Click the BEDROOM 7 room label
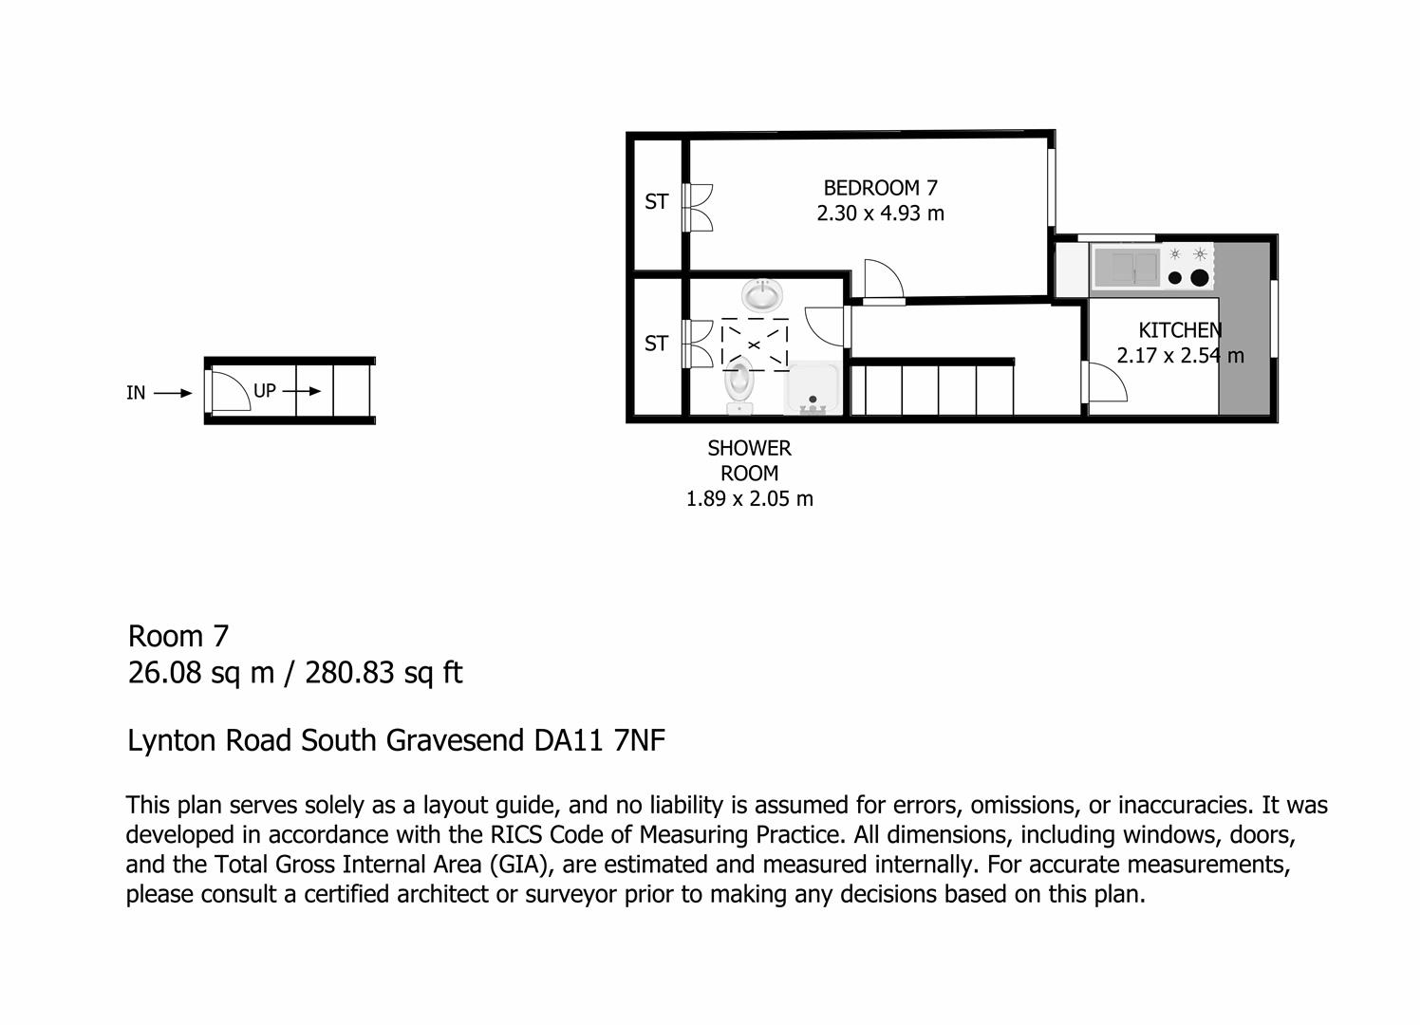tap(880, 188)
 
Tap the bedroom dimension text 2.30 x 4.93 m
tap(880, 214)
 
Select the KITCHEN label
tap(1180, 330)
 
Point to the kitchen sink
tap(1127, 267)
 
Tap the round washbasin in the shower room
tap(761, 295)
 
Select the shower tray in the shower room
tap(812, 389)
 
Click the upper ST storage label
tap(656, 201)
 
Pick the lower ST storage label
tap(656, 344)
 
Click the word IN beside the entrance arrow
tap(136, 393)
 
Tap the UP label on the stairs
tap(265, 390)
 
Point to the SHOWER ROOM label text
tap(749, 460)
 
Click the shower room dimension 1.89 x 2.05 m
tap(749, 499)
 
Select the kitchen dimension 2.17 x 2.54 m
tap(1180, 356)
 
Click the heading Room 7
tap(178, 636)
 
